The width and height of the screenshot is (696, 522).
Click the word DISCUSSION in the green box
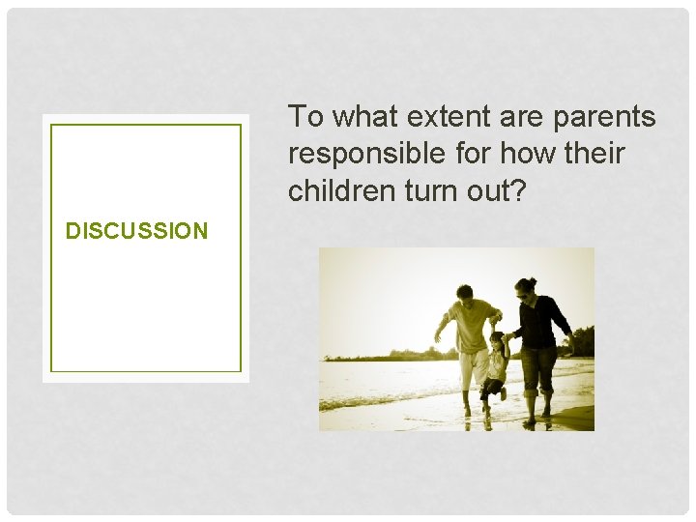point(136,231)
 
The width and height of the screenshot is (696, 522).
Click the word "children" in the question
point(336,190)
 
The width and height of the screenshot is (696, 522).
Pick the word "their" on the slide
point(592,154)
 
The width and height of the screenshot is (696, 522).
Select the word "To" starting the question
point(305,117)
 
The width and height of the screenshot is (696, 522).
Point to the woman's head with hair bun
point(525,286)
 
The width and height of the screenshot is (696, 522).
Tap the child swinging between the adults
point(496,362)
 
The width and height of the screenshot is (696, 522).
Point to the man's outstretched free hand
point(438,338)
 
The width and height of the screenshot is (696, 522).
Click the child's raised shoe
point(503,393)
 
